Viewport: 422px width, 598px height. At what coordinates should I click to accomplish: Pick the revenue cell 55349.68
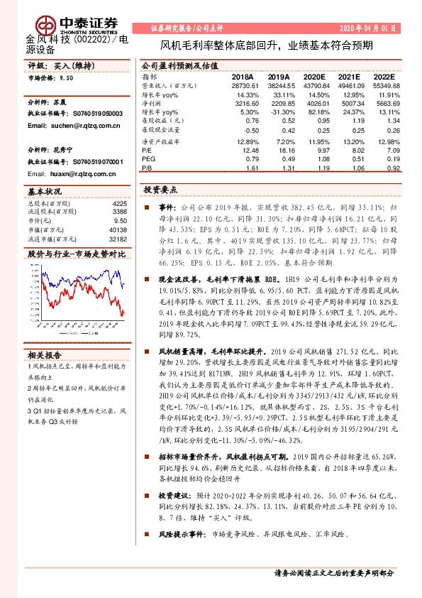tap(385, 85)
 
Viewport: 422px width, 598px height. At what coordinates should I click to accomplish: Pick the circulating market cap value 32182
tap(118, 240)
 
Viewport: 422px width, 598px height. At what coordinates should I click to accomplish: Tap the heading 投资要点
tap(161, 190)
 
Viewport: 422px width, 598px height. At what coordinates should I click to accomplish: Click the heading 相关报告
tap(44, 355)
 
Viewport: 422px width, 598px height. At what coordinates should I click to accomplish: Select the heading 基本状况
tap(44, 192)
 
